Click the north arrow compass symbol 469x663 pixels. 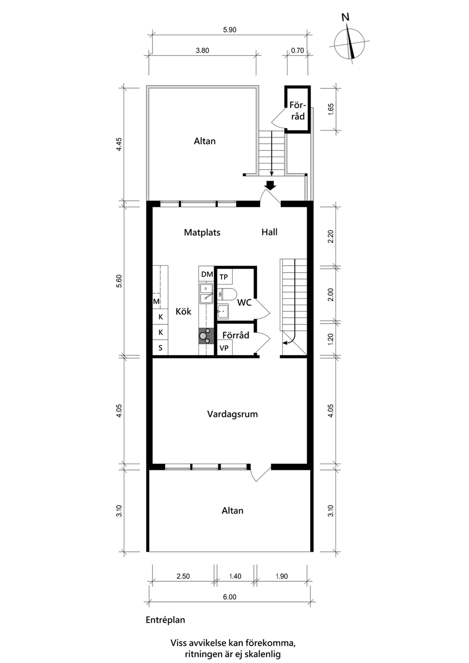pyautogui.click(x=349, y=44)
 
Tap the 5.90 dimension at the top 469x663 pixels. pyautogui.click(x=229, y=30)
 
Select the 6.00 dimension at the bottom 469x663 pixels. pyautogui.click(x=229, y=597)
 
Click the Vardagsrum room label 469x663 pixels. pyautogui.click(x=233, y=414)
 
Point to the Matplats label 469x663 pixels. pyautogui.click(x=202, y=232)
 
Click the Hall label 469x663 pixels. pyautogui.click(x=269, y=232)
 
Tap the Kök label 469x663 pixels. pyautogui.click(x=183, y=311)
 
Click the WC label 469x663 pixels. pyautogui.click(x=244, y=302)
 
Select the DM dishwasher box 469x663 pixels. pyautogui.click(x=207, y=275)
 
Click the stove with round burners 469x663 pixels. pyautogui.click(x=206, y=336)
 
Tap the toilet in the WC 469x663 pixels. pyautogui.click(x=227, y=294)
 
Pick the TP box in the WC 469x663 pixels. pyautogui.click(x=225, y=277)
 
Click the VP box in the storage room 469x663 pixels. pyautogui.click(x=225, y=348)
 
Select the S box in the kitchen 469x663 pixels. pyautogui.click(x=160, y=347)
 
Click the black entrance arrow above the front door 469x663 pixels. pyautogui.click(x=270, y=185)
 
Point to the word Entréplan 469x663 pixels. pyautogui.click(x=165, y=620)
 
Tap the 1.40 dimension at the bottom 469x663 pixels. pyautogui.click(x=235, y=576)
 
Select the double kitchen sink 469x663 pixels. pyautogui.click(x=207, y=293)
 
